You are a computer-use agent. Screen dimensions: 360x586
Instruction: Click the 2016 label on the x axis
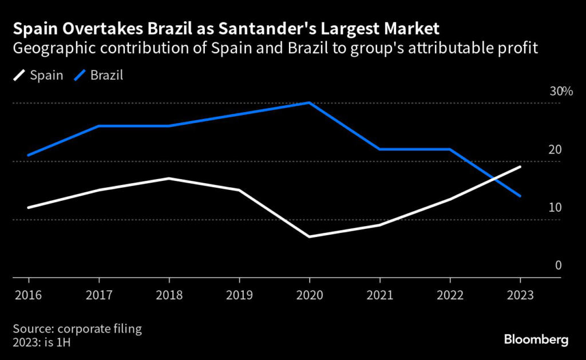click(x=29, y=296)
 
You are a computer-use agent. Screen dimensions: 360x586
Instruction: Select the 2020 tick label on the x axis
click(x=309, y=296)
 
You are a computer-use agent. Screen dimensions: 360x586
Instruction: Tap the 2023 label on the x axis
click(x=520, y=296)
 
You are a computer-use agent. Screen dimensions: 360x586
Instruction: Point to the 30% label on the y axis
click(x=561, y=92)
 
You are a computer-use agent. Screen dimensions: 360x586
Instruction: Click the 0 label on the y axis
click(x=558, y=266)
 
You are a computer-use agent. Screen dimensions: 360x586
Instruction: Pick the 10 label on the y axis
click(x=555, y=207)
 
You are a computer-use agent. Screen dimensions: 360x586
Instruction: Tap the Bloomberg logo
click(x=536, y=340)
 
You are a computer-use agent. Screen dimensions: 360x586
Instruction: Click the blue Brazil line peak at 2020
click(x=309, y=103)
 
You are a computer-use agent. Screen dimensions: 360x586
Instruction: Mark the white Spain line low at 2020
click(x=309, y=236)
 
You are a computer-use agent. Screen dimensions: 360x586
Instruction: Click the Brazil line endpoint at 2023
click(x=520, y=196)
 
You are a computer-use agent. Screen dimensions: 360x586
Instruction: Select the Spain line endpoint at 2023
click(x=520, y=167)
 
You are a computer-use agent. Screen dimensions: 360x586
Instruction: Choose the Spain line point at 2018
click(x=169, y=179)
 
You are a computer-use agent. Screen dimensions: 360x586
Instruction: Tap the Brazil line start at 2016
click(x=29, y=155)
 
